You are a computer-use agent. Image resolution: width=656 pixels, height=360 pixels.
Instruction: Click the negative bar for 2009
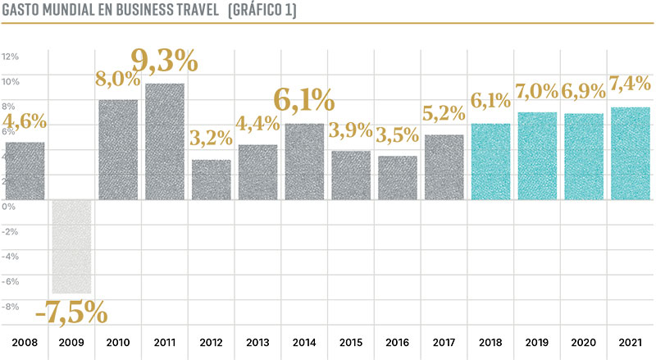(71, 246)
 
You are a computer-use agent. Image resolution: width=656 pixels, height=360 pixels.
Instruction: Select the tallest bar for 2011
(164, 141)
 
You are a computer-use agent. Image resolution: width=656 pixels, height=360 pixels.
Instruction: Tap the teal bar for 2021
(631, 153)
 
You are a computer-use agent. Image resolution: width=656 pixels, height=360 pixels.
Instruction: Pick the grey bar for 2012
(211, 179)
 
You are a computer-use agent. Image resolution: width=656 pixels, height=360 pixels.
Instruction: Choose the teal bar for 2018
(491, 161)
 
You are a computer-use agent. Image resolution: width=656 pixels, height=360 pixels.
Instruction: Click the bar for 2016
(398, 177)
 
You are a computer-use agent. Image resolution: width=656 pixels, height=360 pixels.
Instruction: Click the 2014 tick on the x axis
(304, 341)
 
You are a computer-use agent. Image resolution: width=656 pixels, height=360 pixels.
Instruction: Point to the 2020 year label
(585, 341)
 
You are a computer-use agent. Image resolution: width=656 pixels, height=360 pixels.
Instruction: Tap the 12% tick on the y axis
(11, 57)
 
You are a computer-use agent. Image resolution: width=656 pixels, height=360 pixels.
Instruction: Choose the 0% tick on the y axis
(8, 207)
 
